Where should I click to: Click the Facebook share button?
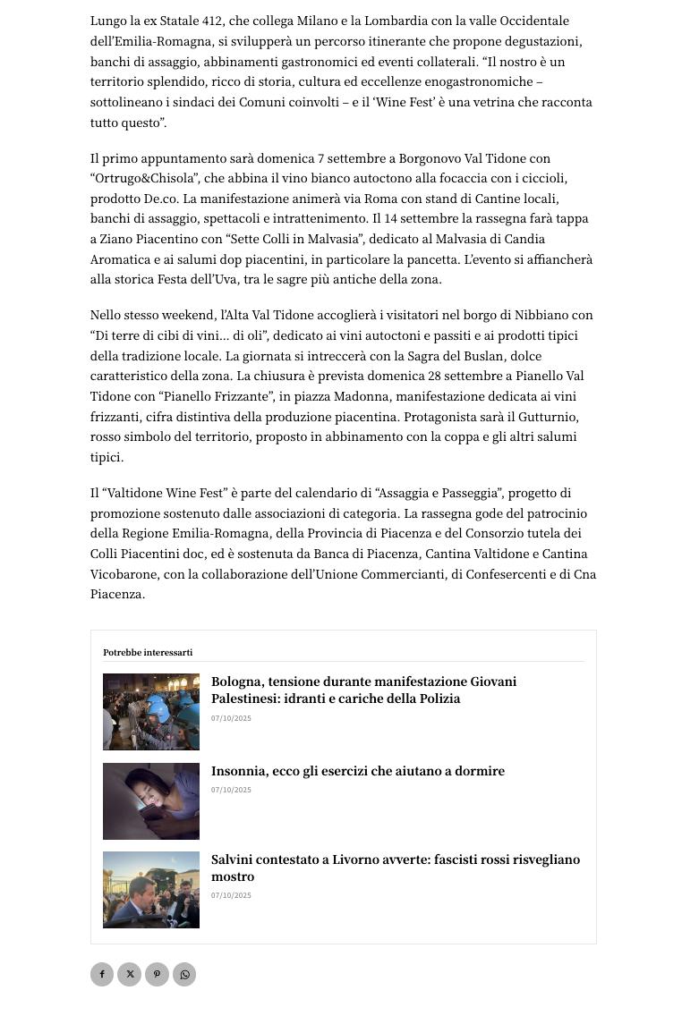(102, 974)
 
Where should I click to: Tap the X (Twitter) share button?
(130, 974)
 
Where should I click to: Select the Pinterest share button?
(157, 974)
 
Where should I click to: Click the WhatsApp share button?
(184, 974)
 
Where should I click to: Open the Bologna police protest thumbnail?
(151, 712)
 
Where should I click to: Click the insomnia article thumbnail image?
(151, 801)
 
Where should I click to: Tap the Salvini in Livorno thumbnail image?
(151, 890)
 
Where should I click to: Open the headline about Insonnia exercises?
(358, 771)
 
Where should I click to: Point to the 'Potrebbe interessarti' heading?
(148, 653)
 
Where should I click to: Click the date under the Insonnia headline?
(231, 790)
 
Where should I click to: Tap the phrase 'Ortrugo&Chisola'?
(143, 179)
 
